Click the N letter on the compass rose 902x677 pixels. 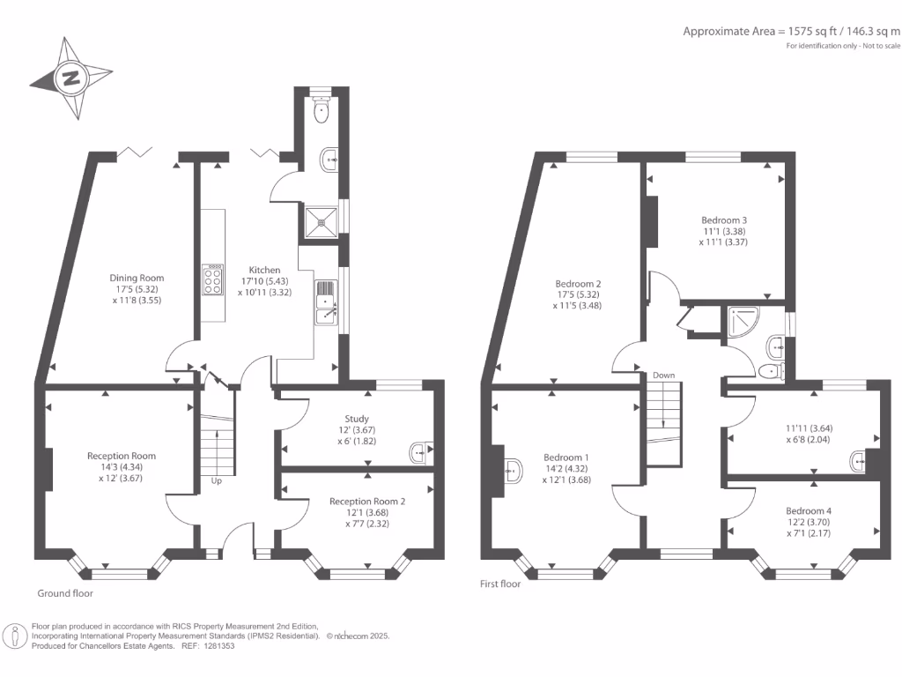tap(70, 78)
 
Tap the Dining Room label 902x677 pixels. tap(137, 278)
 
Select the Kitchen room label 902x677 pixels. tap(264, 270)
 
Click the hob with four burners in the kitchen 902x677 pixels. tap(213, 279)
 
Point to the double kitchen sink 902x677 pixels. tap(326, 302)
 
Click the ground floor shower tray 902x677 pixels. tap(322, 221)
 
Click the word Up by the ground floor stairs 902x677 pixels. tap(217, 480)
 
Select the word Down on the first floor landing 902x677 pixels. tap(664, 375)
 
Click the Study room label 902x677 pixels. tap(357, 419)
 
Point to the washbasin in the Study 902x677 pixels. tap(421, 452)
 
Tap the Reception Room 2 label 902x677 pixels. tap(367, 502)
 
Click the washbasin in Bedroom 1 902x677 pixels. tap(514, 471)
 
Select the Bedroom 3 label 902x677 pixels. tap(724, 219)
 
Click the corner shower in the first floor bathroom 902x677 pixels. tap(743, 321)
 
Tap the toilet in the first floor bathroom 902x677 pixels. tap(772, 371)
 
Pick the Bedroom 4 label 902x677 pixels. tap(809, 510)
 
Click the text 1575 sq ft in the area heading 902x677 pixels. tap(812, 31)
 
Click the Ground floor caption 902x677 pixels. tap(65, 593)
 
